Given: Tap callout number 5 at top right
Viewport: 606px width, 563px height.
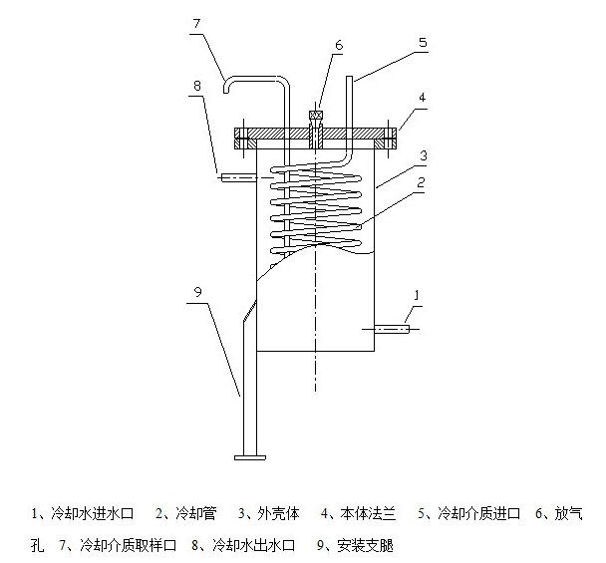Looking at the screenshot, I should pos(423,43).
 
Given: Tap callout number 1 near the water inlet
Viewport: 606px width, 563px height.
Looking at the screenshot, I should pos(417,295).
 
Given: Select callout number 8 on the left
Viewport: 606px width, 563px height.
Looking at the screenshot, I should pos(197,87).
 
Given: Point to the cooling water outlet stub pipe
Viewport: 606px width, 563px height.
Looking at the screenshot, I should pos(239,178).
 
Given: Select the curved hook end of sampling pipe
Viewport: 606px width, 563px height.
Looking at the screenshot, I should pos(231,86).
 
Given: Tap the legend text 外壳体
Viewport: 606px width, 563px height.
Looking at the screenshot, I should pos(280,514).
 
